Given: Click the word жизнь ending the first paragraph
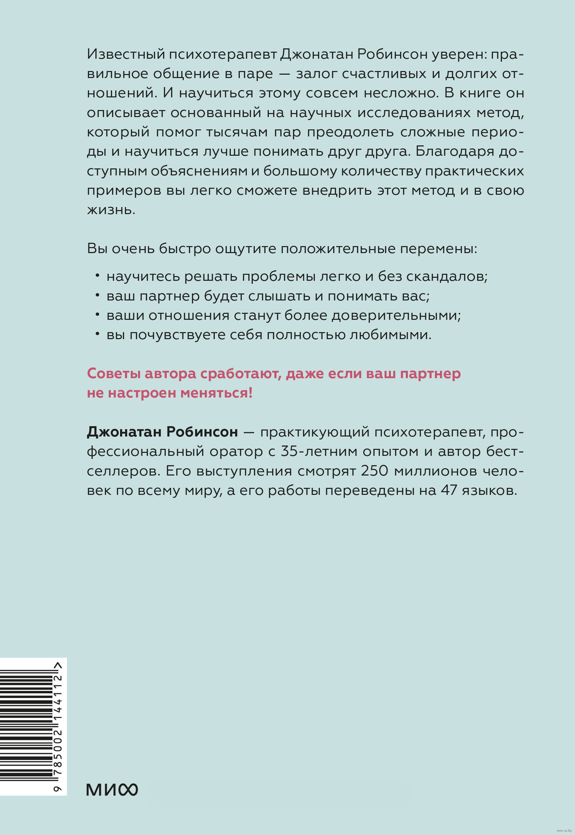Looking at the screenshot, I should pos(111,210).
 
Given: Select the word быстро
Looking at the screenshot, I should pos(184,249).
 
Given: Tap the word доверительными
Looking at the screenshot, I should pos(397,315).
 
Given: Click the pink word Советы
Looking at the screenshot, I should pos(113,373).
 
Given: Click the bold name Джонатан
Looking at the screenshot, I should pos(124,432).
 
